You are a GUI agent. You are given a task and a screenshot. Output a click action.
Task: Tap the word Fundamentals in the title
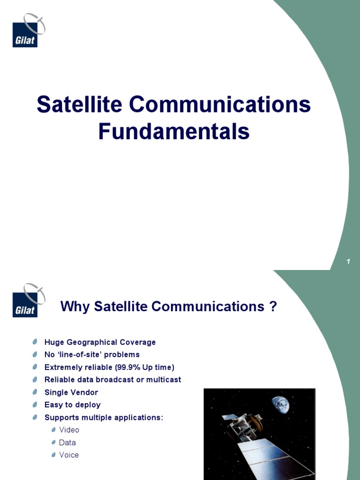point(173,132)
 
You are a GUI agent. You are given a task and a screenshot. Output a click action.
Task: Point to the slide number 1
point(348,262)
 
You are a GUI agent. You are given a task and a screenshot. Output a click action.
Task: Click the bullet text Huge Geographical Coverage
point(100,342)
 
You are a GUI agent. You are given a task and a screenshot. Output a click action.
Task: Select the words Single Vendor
point(71,392)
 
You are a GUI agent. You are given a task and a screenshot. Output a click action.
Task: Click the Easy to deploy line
point(72,405)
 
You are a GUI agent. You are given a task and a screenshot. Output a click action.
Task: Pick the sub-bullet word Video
point(69,430)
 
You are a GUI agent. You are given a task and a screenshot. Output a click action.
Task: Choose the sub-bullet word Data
point(67,442)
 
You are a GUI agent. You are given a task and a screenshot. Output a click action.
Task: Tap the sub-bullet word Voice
point(69,455)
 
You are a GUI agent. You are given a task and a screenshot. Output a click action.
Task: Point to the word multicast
point(164,380)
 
